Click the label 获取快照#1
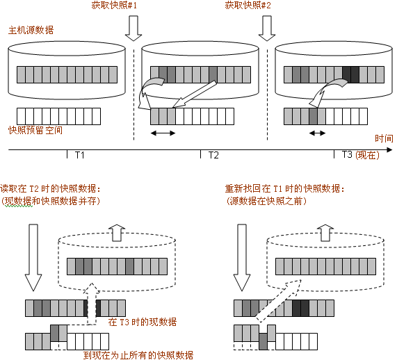tap(114, 5)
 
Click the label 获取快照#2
tap(248, 5)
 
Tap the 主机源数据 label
tap(31, 30)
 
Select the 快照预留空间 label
tap(35, 130)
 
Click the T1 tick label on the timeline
tap(80, 155)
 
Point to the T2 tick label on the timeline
tap(213, 155)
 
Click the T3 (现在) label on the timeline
tap(361, 155)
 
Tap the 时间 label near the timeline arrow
tap(384, 138)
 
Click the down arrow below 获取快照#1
tap(133, 28)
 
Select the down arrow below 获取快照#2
tap(267, 28)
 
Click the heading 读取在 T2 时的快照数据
tap(50, 188)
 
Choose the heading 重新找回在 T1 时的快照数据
tap(284, 188)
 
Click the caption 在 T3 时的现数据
tap(143, 322)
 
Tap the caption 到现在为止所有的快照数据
tap(138, 355)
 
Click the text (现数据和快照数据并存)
tap(51, 201)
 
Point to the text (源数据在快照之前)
tap(266, 201)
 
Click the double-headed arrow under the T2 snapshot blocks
tap(163, 133)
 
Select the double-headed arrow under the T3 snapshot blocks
tap(318, 133)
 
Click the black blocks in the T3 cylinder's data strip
tap(350, 74)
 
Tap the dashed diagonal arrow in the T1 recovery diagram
tap(279, 300)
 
